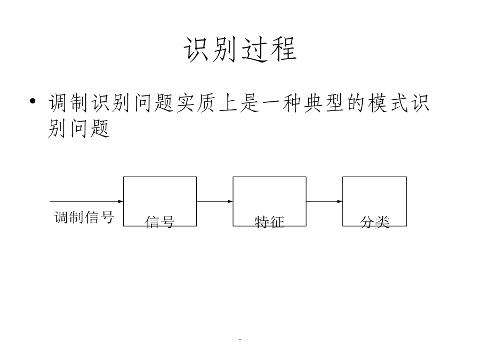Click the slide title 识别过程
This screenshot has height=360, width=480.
point(241,49)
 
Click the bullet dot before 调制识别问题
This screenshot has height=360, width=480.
point(33,101)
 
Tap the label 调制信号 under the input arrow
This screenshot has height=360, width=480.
point(84,218)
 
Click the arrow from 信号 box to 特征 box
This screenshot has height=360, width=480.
point(214,202)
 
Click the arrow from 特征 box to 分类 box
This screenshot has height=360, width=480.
point(324,202)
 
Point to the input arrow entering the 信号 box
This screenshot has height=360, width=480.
point(86,202)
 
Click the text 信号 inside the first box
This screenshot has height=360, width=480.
point(160,222)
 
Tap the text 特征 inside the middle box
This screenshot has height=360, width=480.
point(269,222)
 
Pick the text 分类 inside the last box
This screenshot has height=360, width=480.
point(375,222)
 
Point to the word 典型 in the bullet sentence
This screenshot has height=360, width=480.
point(324,102)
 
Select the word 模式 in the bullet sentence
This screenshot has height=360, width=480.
point(388,102)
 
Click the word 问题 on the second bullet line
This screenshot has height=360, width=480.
point(90,127)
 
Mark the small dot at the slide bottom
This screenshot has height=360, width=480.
point(240,340)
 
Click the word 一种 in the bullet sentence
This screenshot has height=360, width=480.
point(282,102)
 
